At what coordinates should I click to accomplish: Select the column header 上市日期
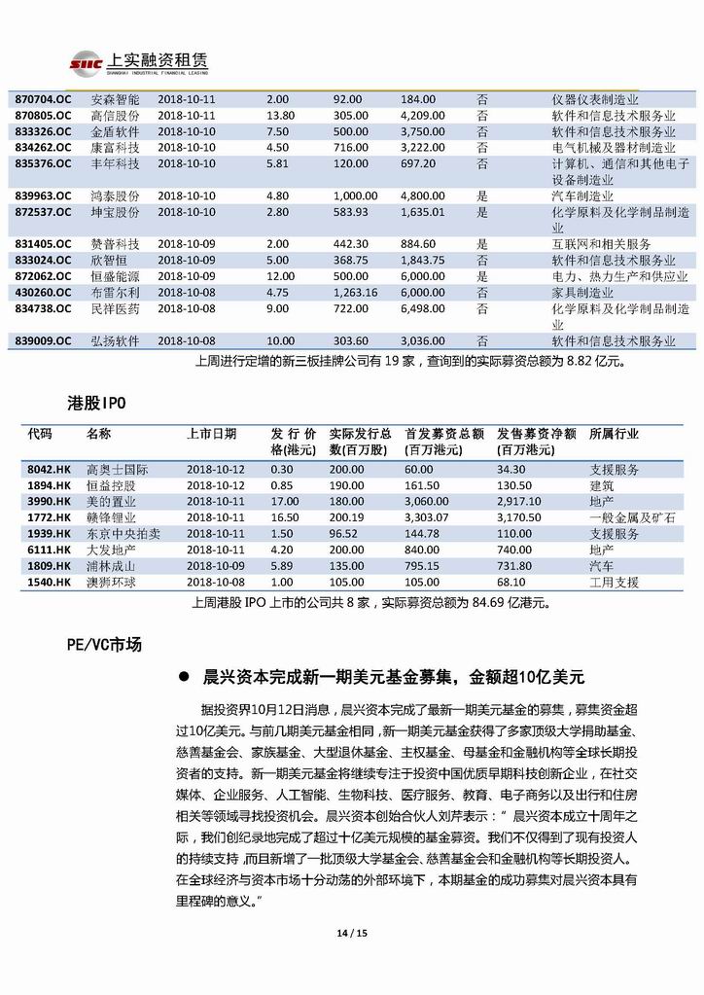[x=211, y=434]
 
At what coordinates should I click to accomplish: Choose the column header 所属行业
[x=614, y=434]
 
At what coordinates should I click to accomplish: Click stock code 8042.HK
[x=50, y=470]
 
